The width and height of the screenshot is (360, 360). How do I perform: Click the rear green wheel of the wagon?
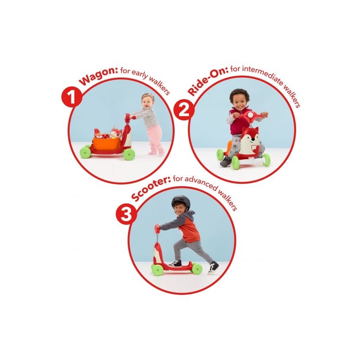(85, 152)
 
